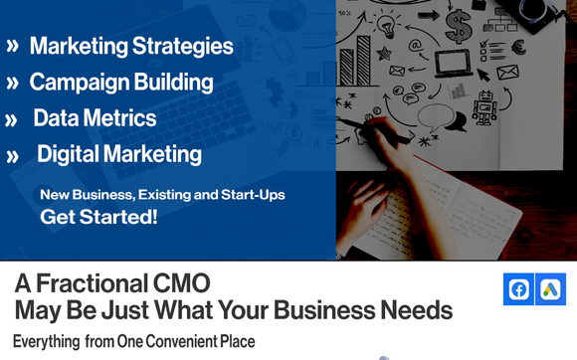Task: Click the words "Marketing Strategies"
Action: [131, 46]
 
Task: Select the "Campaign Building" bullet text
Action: [121, 82]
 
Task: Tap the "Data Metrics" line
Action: [95, 118]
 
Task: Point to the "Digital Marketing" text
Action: [119, 154]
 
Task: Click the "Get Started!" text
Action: [98, 216]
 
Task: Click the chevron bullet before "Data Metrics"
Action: [12, 120]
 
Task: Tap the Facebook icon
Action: [518, 289]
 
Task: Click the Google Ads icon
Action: [549, 289]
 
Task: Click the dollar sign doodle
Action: [458, 22]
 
